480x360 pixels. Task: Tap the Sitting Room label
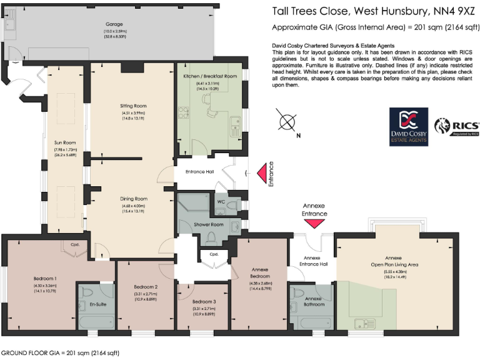tap(132, 106)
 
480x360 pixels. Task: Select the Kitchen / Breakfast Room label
tap(210, 76)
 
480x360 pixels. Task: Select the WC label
tap(220, 201)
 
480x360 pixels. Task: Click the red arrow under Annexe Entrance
tap(314, 223)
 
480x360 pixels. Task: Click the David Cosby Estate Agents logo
tap(409, 126)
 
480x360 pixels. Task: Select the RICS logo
tap(457, 126)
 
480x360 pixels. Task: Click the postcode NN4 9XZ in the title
tap(447, 11)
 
